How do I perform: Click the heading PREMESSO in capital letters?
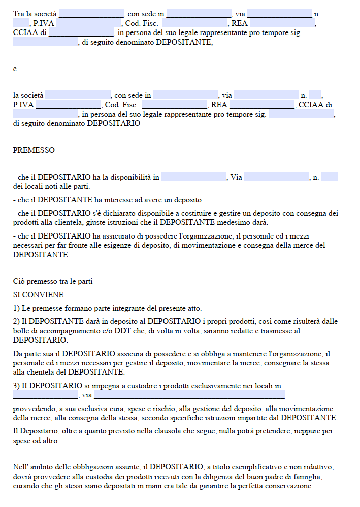click(34, 150)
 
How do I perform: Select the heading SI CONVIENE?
click(39, 295)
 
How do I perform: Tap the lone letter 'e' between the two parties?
click(15, 69)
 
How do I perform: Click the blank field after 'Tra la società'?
click(91, 14)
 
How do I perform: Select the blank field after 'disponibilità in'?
click(194, 177)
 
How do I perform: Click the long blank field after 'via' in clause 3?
click(189, 395)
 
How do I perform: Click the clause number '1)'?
click(17, 308)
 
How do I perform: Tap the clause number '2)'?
click(17, 321)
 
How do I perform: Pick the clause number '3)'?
click(17, 386)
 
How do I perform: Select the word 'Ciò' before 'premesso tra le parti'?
click(19, 282)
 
